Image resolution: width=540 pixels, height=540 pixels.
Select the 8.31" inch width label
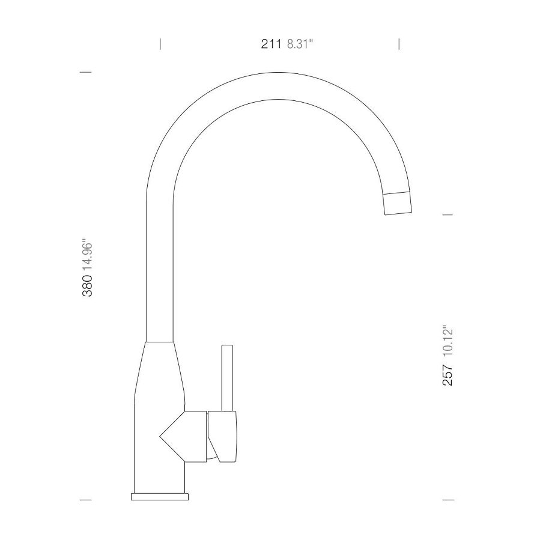click(300, 44)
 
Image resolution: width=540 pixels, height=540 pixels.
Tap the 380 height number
click(87, 286)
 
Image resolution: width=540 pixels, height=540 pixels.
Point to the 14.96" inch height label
click(87, 255)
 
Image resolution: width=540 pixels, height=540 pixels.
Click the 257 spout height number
click(447, 375)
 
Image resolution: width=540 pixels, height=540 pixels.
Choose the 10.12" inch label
click(447, 342)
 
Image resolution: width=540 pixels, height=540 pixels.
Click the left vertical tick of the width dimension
click(160, 44)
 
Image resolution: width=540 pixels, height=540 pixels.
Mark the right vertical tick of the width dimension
click(399, 44)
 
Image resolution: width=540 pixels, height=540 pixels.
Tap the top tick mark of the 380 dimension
click(86, 72)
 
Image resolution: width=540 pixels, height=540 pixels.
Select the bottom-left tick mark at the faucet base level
click(86, 499)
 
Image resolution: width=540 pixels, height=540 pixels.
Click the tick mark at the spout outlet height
click(447, 214)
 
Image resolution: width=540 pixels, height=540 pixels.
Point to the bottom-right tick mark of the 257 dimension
click(447, 499)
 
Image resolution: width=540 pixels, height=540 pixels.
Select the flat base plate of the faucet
click(160, 496)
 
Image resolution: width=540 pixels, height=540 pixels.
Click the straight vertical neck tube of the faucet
click(160, 270)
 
